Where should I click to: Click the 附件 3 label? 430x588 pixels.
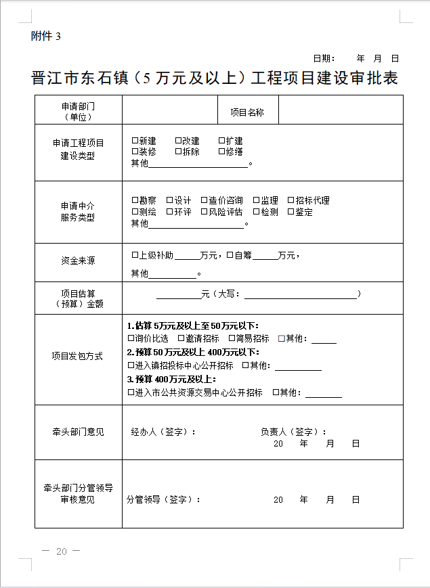point(45,37)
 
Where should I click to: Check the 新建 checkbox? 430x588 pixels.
point(135,141)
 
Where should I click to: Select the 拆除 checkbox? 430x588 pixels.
point(178,152)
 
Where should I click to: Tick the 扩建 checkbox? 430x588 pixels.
point(221,141)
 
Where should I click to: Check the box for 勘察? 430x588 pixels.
point(135,200)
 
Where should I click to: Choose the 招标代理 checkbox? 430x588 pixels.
point(291,200)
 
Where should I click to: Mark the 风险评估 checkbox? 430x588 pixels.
point(204,212)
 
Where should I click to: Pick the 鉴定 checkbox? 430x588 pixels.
point(291,212)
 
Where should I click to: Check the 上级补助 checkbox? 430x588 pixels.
point(135,256)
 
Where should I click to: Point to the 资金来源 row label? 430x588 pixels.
point(78,261)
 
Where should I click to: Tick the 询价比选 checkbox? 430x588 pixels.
point(131,338)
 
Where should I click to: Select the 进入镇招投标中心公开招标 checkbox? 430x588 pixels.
point(131,365)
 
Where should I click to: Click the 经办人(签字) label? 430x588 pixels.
point(163,432)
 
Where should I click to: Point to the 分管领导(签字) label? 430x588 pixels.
point(163,499)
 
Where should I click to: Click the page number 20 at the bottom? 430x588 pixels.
point(61,551)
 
